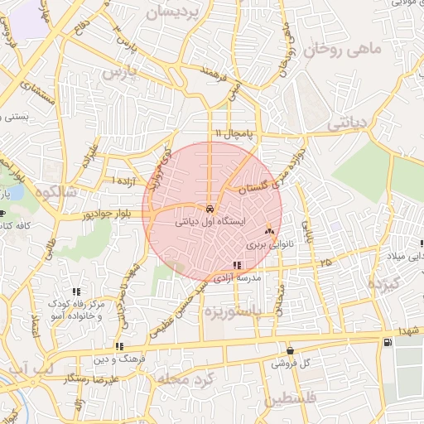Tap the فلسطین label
291,399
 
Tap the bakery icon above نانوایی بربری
269,232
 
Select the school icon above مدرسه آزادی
238,266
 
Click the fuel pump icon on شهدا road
386,343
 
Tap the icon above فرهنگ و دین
119,346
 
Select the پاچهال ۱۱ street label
231,133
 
